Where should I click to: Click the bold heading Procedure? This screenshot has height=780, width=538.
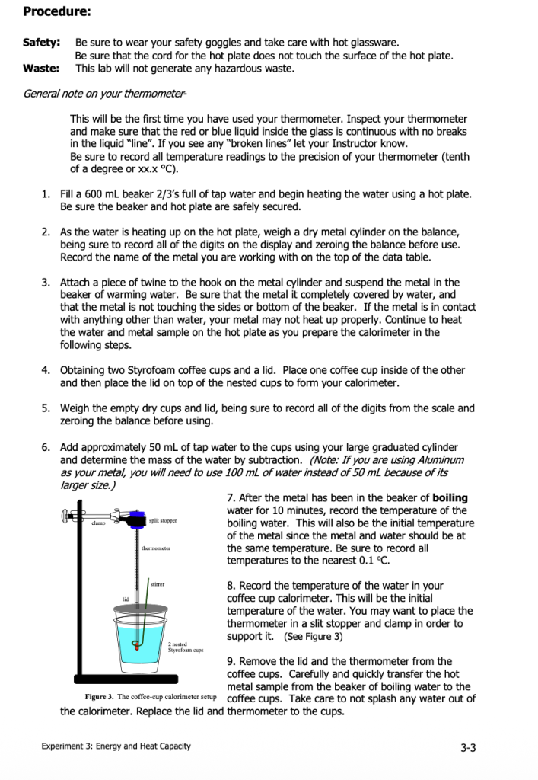coord(57,12)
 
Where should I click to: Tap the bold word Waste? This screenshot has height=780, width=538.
coord(41,69)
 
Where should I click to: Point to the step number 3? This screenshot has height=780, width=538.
coord(46,282)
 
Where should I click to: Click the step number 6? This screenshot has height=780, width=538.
coord(46,447)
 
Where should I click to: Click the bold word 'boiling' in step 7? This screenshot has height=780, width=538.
coord(450,498)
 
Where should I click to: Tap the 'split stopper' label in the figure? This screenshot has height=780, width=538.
coord(163,520)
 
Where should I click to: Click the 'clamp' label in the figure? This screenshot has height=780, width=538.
coord(98,523)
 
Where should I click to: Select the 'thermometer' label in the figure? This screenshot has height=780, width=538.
coord(156,548)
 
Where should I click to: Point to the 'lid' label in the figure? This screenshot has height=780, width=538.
coord(126,599)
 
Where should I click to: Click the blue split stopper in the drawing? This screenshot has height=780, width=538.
coord(138,519)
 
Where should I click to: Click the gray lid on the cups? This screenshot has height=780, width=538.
coord(141,608)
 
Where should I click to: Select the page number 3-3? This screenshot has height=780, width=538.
coord(469,747)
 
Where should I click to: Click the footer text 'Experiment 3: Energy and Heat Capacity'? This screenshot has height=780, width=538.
coord(116,746)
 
